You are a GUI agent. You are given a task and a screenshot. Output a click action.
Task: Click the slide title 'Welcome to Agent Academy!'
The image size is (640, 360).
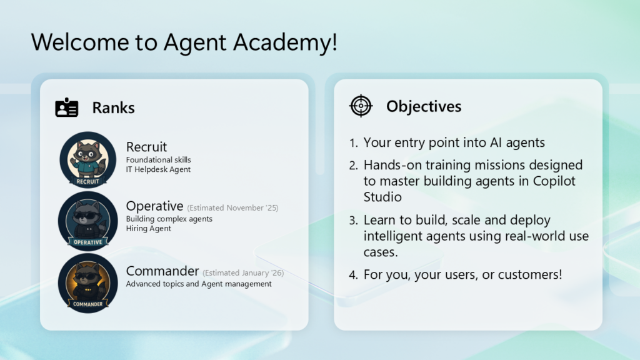point(184,42)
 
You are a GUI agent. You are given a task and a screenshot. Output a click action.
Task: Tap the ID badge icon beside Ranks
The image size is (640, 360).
point(66,107)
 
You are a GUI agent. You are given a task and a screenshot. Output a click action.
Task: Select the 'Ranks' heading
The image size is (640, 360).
point(114,107)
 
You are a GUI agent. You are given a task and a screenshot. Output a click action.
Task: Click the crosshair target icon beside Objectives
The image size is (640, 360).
point(361,106)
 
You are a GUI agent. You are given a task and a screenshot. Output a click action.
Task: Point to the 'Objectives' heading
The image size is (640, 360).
point(424,106)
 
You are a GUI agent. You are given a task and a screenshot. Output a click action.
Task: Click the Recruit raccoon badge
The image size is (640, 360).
point(87,159)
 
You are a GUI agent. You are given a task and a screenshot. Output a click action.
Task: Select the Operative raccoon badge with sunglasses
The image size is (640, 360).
point(87,221)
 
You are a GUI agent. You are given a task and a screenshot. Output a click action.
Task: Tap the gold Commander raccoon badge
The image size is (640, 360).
point(87,283)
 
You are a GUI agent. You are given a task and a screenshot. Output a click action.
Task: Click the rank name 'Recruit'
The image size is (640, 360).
point(146,146)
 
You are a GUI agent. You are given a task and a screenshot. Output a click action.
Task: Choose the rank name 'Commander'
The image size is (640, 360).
point(162,271)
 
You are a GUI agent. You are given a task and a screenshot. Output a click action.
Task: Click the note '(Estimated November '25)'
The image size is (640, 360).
point(232,207)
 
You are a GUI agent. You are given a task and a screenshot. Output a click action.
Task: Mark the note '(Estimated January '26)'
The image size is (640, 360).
point(243,272)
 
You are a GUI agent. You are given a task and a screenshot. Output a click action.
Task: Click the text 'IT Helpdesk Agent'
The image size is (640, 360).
point(158,169)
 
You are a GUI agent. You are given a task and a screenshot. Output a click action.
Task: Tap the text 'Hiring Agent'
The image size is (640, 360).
point(149,228)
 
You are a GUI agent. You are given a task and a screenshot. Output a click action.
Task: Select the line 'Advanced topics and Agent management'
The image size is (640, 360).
point(199,284)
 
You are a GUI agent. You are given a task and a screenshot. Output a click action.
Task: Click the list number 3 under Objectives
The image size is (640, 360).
point(353,221)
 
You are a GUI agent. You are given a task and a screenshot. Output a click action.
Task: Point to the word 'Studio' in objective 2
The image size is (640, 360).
point(382,197)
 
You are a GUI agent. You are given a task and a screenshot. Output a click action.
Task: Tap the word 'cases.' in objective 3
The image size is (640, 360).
point(381,252)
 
